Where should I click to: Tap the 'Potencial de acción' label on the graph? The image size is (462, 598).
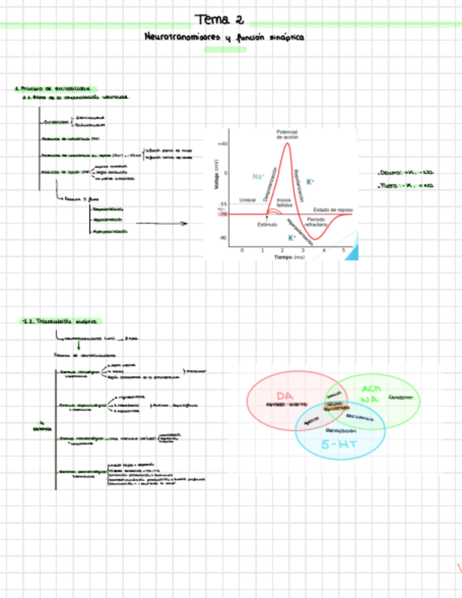(x=287, y=133)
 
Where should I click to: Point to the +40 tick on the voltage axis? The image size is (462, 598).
(x=223, y=144)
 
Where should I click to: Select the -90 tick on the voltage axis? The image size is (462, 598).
(x=223, y=238)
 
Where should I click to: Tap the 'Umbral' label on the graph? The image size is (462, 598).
(x=247, y=200)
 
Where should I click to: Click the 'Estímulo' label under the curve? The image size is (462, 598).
(x=267, y=224)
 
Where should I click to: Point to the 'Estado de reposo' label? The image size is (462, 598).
(x=332, y=209)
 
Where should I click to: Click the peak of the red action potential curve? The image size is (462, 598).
(x=287, y=144)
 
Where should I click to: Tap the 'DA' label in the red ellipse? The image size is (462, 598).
(x=285, y=395)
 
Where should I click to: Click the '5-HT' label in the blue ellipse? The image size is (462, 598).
(x=335, y=445)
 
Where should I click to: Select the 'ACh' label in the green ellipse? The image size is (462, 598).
(x=370, y=389)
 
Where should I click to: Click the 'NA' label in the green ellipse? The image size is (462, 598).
(x=369, y=400)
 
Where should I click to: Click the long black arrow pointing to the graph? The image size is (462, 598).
(x=162, y=224)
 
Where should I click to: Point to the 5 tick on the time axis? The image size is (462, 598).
(x=343, y=250)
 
